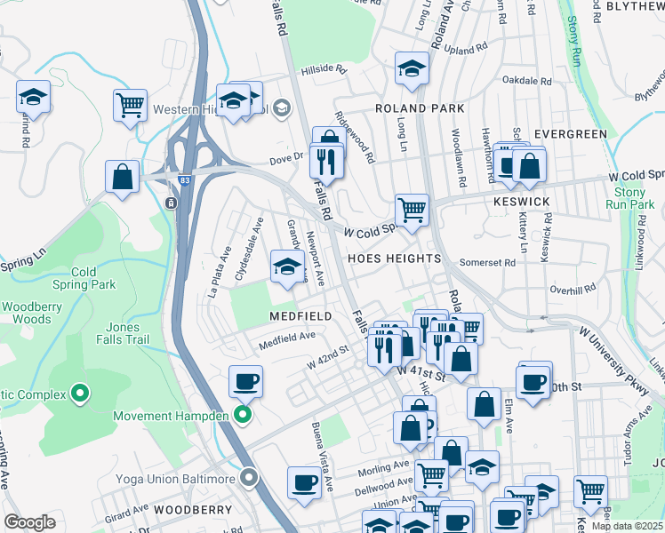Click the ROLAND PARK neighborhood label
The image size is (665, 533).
pyautogui.click(x=420, y=108)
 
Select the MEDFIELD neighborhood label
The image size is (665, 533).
pyautogui.click(x=302, y=316)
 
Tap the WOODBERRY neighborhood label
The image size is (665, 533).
pyautogui.click(x=192, y=511)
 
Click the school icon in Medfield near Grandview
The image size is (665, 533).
pyautogui.click(x=287, y=266)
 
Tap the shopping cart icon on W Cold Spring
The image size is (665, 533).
pyautogui.click(x=412, y=211)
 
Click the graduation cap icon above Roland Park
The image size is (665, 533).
pyautogui.click(x=412, y=68)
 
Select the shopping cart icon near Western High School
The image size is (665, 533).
pyautogui.click(x=130, y=105)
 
